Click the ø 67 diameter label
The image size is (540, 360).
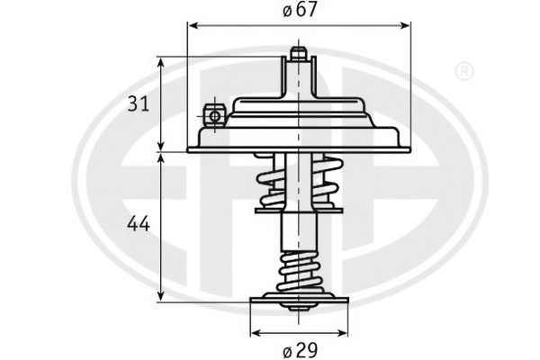[298, 11]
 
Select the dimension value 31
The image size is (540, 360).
[138, 103]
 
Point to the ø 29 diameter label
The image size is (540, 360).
[298, 347]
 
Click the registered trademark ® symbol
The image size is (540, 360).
[463, 70]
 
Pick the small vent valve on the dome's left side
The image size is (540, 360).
[213, 116]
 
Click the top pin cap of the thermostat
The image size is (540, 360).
[298, 53]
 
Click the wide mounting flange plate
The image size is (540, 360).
[298, 144]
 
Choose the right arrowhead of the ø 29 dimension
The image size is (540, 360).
[342, 329]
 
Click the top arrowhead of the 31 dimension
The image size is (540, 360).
[161, 62]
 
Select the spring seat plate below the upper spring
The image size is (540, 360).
[298, 209]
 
